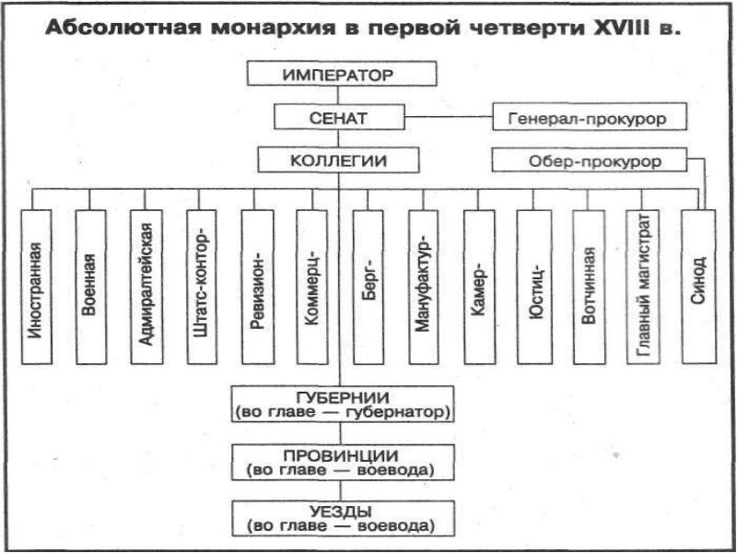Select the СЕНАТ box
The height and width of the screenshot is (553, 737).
pos(339,118)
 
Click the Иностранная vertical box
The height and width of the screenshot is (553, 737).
pos(36,287)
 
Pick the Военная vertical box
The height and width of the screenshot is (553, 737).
pos(90,287)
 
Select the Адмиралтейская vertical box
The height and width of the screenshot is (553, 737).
pos(145,287)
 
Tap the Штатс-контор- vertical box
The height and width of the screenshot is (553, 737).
pos(200,287)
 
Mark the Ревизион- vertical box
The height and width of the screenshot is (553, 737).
pos(257,287)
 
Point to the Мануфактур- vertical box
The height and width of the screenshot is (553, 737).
pos(423,287)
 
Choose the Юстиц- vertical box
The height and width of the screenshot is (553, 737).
pos(533,287)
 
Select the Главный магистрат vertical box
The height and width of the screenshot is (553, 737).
pos(643,287)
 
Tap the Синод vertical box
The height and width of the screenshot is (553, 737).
pos(698,287)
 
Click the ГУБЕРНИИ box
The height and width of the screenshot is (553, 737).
pos(343,404)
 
